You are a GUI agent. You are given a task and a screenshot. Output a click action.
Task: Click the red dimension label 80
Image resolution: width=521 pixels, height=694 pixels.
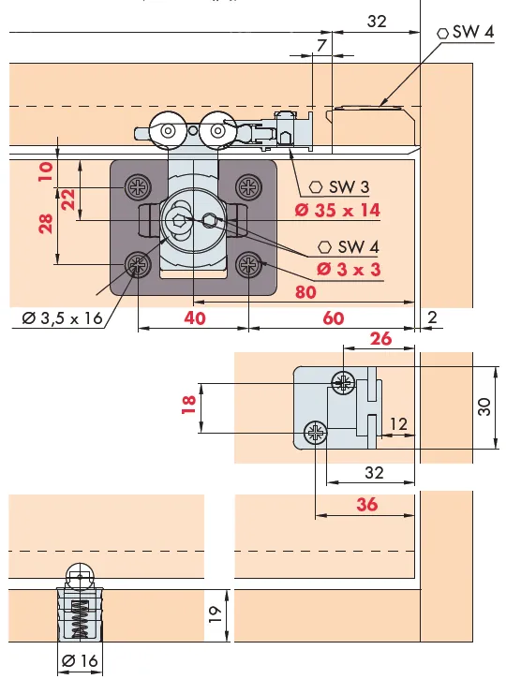(x=305, y=291)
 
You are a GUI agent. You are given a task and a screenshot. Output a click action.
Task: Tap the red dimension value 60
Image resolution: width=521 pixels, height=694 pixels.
(x=333, y=317)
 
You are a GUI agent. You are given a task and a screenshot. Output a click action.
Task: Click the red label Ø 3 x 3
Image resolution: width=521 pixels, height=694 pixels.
(x=349, y=270)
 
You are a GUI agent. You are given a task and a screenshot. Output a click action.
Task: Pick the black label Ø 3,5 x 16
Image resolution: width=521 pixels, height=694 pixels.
(x=62, y=318)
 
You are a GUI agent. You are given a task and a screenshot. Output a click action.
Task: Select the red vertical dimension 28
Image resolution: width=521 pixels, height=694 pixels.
(x=45, y=223)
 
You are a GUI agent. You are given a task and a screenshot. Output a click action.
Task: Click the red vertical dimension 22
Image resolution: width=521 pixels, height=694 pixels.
(x=67, y=199)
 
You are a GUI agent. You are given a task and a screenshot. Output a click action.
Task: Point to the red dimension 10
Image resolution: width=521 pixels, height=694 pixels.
(x=45, y=171)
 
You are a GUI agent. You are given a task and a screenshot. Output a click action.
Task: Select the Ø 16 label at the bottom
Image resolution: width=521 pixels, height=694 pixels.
(x=80, y=661)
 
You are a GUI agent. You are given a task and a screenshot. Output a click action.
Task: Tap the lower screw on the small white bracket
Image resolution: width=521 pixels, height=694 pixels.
(x=315, y=433)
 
